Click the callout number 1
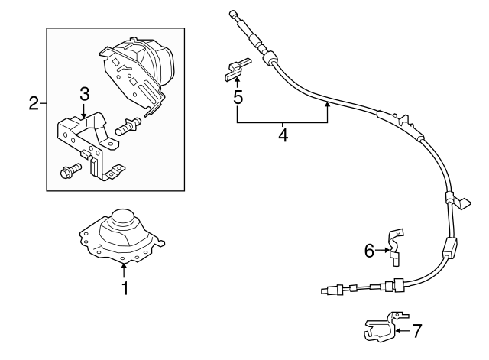click(125, 288)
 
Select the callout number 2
click(34, 103)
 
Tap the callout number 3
click(85, 93)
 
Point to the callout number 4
click(283, 135)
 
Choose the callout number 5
click(238, 97)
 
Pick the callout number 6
click(369, 251)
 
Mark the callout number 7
click(417, 331)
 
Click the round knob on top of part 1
click(123, 216)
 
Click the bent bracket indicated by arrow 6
click(396, 248)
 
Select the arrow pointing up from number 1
click(124, 271)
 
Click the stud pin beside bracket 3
click(128, 127)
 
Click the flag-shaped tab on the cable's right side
click(462, 203)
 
